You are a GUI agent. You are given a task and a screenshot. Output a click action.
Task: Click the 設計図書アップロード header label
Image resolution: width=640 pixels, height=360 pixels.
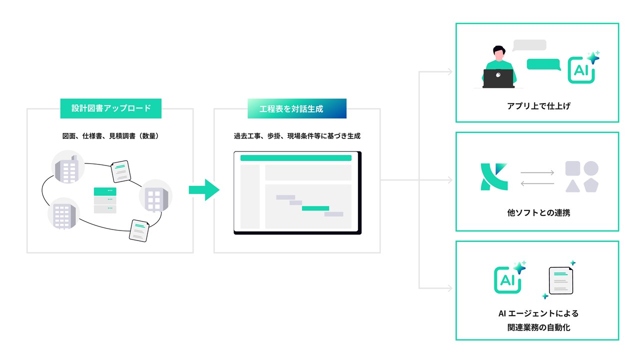110,108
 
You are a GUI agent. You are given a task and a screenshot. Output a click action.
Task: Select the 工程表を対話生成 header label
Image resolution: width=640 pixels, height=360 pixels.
296,108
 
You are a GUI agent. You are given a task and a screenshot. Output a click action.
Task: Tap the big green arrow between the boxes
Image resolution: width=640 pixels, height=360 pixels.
204,190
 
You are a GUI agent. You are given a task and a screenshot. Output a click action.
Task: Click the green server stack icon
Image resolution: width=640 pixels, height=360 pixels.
105,200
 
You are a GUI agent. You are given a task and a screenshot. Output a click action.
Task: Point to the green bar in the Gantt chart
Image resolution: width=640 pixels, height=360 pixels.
315,208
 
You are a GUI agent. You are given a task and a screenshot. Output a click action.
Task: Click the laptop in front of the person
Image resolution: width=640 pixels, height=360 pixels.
498,77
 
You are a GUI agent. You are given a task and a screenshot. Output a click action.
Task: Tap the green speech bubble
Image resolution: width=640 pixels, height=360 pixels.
543,64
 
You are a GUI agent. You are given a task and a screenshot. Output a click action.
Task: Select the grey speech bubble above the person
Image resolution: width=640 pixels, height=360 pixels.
529,45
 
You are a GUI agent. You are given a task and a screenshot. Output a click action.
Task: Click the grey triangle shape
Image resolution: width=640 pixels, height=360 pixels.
572,185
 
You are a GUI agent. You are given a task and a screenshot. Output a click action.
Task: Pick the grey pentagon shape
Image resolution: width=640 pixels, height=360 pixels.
591,185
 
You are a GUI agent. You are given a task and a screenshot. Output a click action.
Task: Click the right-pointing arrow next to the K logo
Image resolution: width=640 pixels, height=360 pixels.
537,172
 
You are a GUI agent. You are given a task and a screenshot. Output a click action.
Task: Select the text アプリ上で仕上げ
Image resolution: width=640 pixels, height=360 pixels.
537,106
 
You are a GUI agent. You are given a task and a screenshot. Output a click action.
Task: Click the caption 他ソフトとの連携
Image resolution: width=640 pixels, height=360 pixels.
538,212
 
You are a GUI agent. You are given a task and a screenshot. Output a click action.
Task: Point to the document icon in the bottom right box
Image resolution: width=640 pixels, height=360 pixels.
560,280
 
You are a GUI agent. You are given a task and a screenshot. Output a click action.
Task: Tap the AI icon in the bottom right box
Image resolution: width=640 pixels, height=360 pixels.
508,279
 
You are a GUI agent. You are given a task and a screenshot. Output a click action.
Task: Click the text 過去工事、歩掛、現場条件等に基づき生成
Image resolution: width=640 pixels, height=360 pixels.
297,135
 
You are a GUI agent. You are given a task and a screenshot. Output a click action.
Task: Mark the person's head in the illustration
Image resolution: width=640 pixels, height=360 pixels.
499,51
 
